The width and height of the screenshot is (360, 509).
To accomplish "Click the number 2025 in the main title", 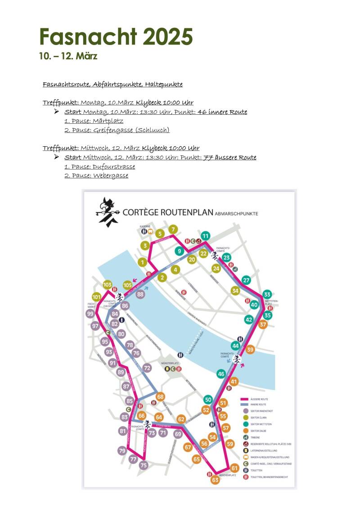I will click(x=168, y=36).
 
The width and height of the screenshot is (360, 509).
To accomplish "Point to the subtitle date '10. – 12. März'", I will click(x=68, y=56).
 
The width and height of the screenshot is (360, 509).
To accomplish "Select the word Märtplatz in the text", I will click(x=108, y=121).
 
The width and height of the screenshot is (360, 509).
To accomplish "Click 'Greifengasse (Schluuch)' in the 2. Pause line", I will click(x=131, y=130).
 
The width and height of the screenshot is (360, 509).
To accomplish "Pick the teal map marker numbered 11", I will click(x=206, y=236).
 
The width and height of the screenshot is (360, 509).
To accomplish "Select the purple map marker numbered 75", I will click(x=143, y=465).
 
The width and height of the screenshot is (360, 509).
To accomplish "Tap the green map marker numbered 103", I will click(x=107, y=285).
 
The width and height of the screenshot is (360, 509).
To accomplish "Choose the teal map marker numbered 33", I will click(x=267, y=295).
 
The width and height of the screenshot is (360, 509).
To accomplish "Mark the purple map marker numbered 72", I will click(x=147, y=368).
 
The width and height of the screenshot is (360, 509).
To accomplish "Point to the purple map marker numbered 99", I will click(x=90, y=314).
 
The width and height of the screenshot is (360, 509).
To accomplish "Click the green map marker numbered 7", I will click(x=174, y=230).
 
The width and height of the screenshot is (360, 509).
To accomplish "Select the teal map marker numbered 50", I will click(x=208, y=400).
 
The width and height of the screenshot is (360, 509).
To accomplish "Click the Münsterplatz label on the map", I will click(x=170, y=362).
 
